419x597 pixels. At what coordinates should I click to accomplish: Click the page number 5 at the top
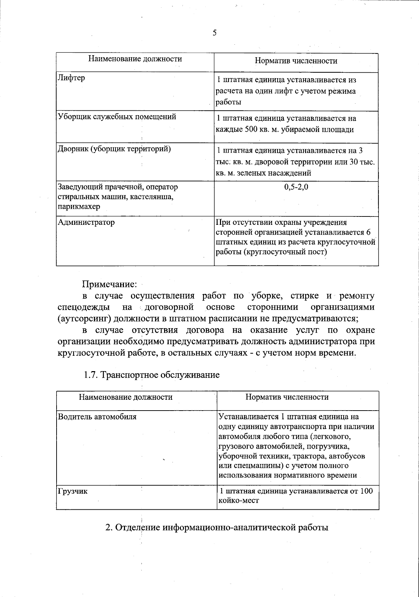[x=214, y=33]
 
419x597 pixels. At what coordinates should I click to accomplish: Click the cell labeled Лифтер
[x=71, y=78]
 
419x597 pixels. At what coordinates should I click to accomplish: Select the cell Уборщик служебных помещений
[x=117, y=117]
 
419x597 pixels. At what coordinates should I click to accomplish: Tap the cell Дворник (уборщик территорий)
[x=114, y=149]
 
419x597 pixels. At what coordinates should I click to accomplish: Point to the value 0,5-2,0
[x=296, y=187]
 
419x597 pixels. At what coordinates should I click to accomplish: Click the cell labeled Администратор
[x=86, y=222]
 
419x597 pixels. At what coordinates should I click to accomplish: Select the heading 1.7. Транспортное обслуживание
[x=152, y=375]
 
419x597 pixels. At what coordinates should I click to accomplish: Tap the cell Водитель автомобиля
[x=97, y=417]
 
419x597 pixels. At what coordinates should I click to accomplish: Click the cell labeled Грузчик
[x=73, y=491]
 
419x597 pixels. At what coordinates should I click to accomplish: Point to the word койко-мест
[x=238, y=501]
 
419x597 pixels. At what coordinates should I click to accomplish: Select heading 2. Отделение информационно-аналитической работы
[x=217, y=527]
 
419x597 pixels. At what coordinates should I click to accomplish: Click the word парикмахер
[x=79, y=206]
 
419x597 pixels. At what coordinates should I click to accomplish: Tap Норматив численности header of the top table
[x=296, y=61]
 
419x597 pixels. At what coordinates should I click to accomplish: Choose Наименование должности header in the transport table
[x=126, y=397]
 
